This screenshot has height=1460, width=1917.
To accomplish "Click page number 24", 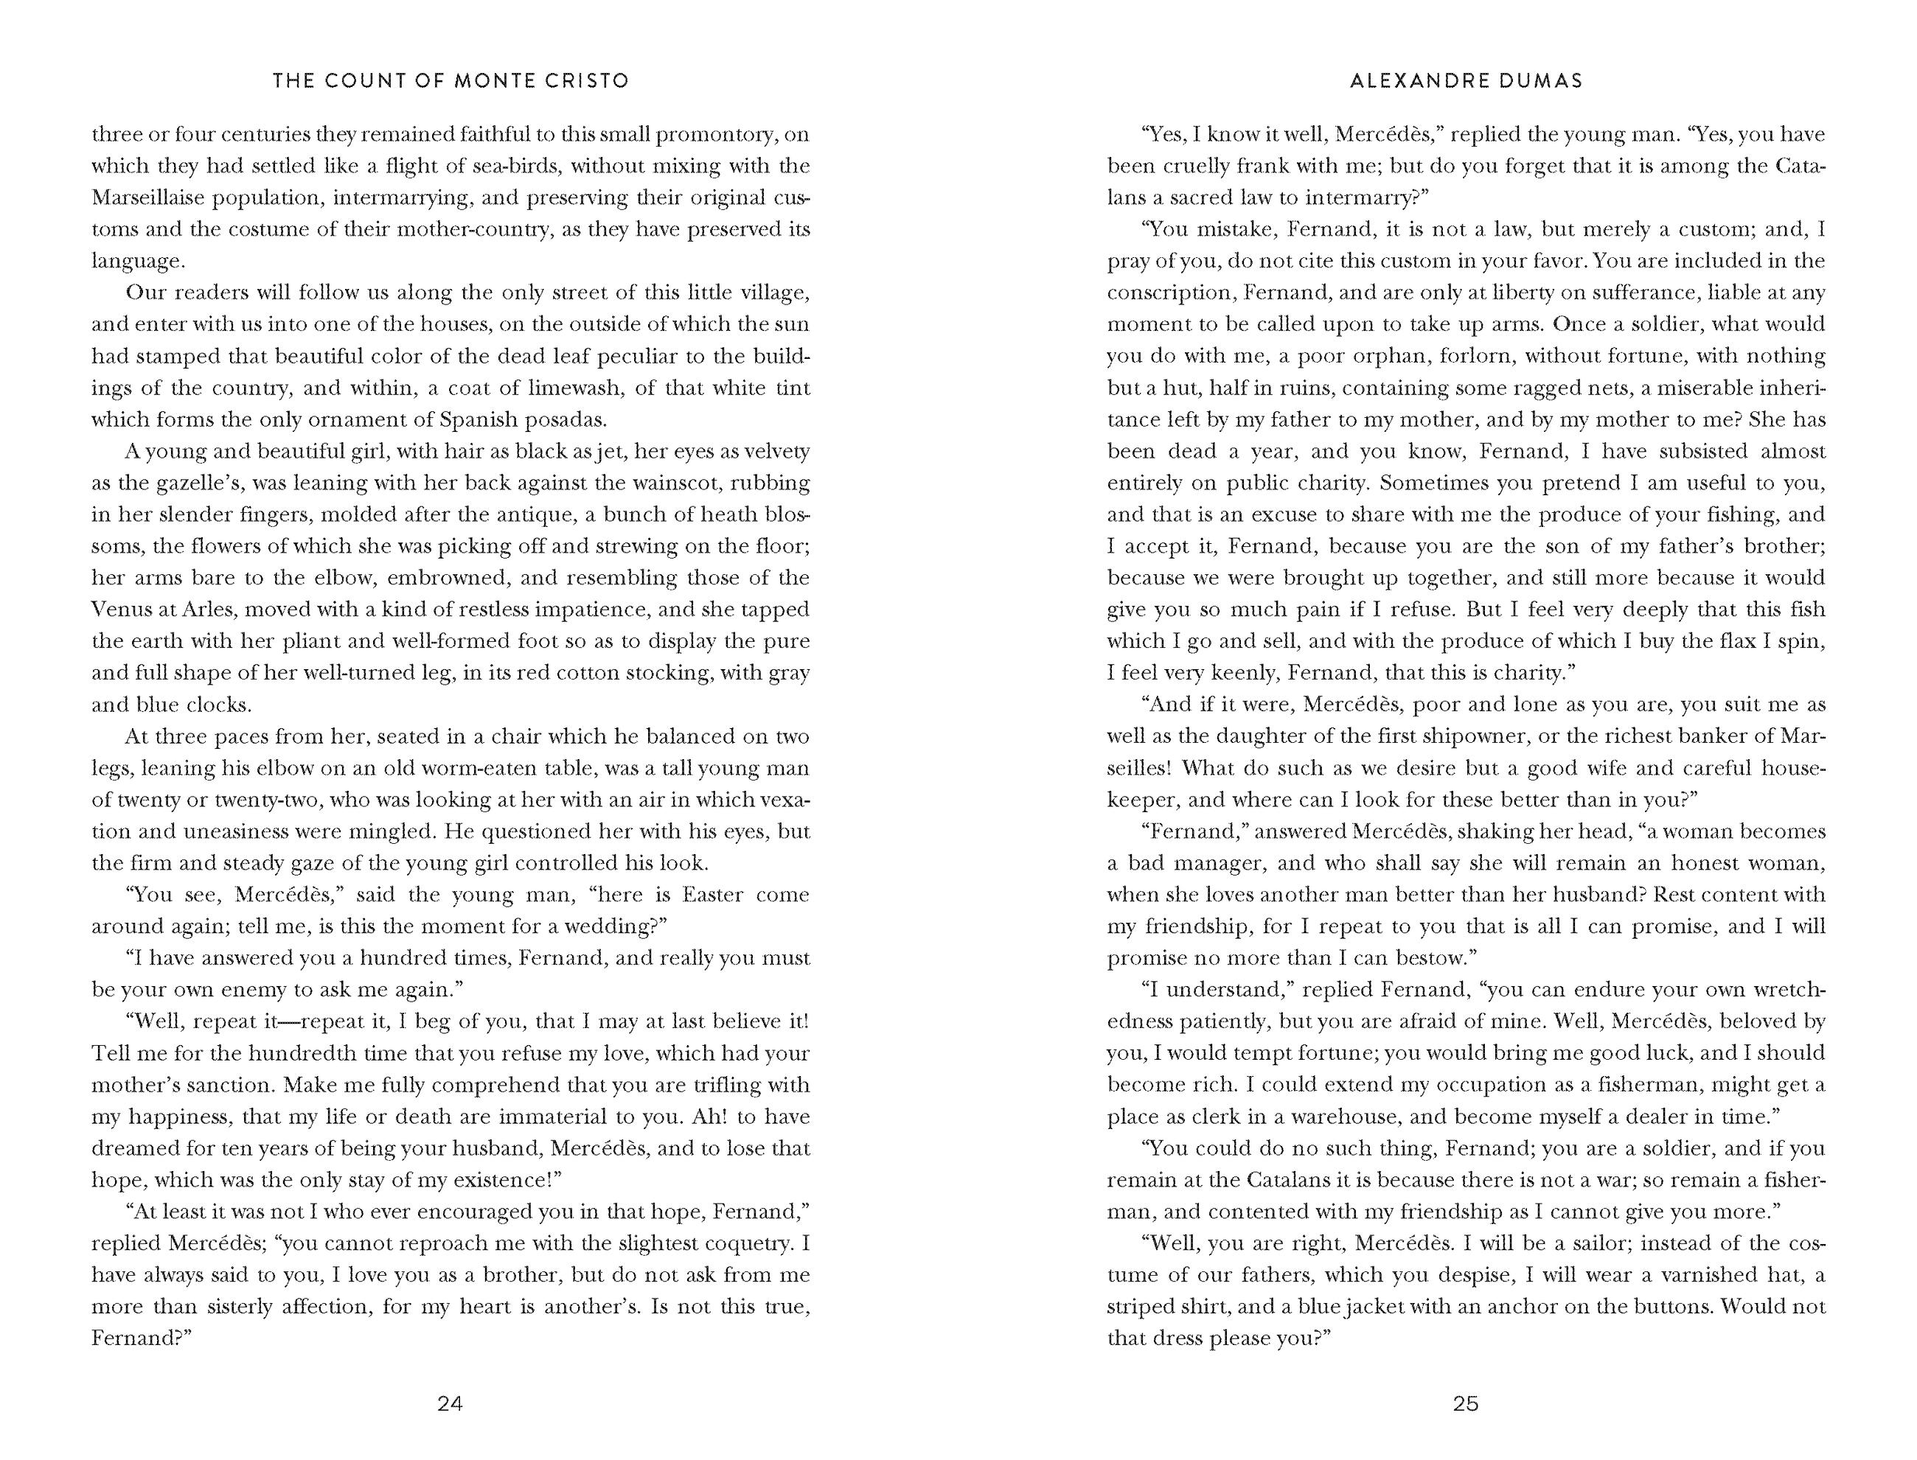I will [450, 1403].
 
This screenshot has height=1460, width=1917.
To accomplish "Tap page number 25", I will [1465, 1403].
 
